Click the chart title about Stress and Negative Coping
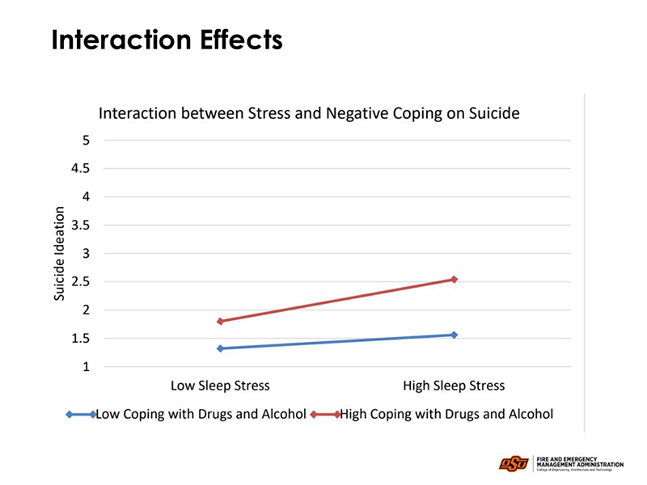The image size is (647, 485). click(308, 114)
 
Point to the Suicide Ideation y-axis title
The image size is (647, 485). click(60, 254)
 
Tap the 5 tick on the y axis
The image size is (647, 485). click(85, 141)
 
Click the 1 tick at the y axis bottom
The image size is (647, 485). click(85, 367)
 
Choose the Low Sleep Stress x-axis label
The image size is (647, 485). click(220, 386)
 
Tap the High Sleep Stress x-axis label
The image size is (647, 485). click(454, 386)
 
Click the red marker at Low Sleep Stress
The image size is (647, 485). click(220, 321)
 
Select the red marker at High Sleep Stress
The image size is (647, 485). click(455, 280)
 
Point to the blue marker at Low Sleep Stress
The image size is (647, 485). click(220, 348)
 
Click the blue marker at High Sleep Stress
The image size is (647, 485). click(455, 335)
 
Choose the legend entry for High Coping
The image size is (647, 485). click(433, 414)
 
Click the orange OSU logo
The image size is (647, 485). click(514, 463)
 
